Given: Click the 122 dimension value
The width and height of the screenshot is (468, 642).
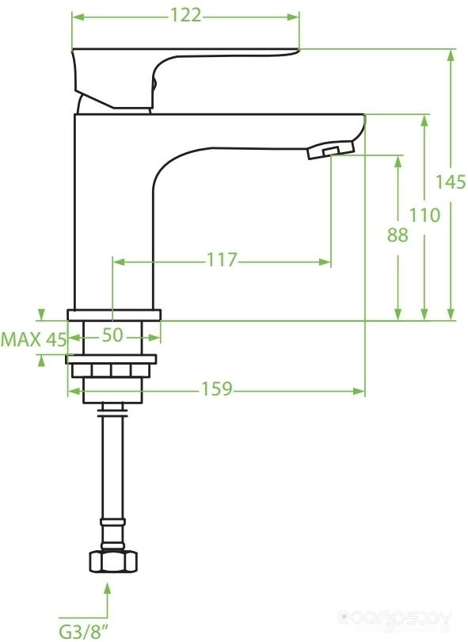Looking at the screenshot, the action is click(x=185, y=16).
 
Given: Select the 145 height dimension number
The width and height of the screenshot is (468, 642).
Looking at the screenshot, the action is click(x=450, y=182).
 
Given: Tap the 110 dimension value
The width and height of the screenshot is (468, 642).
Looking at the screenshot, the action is click(x=425, y=215).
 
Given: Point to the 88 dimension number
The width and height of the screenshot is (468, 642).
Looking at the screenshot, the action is click(x=398, y=235).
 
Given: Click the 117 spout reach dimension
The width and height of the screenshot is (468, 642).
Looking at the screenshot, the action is click(x=222, y=260).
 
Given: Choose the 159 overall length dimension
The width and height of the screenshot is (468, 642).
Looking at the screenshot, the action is click(x=216, y=389).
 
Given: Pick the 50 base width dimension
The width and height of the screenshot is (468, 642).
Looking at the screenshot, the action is click(x=112, y=335).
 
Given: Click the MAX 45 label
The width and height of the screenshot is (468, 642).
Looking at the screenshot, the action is click(x=33, y=339).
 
